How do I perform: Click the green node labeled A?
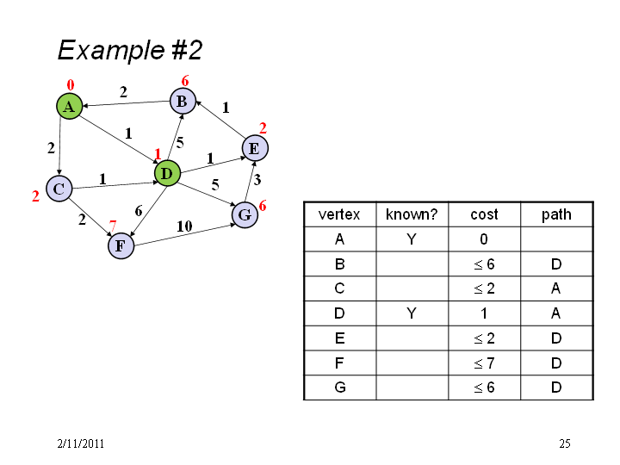(70, 106)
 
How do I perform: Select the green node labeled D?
(167, 173)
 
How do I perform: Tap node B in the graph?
(183, 102)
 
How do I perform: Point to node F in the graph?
(121, 245)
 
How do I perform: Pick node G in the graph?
(245, 214)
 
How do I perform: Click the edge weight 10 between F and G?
(184, 226)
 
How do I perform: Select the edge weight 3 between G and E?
(257, 180)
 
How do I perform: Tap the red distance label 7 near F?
(113, 226)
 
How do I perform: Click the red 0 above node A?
(71, 84)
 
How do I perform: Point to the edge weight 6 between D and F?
(139, 211)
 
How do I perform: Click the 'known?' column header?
(412, 214)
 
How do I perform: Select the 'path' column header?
(557, 214)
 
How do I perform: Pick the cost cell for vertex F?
(484, 363)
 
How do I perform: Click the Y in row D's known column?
(412, 313)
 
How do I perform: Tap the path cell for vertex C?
(557, 288)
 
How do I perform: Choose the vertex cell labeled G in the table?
(340, 387)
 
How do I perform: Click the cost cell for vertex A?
(484, 239)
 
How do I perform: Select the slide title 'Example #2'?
(130, 50)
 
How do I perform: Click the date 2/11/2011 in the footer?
(81, 443)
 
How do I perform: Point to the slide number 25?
(565, 443)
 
